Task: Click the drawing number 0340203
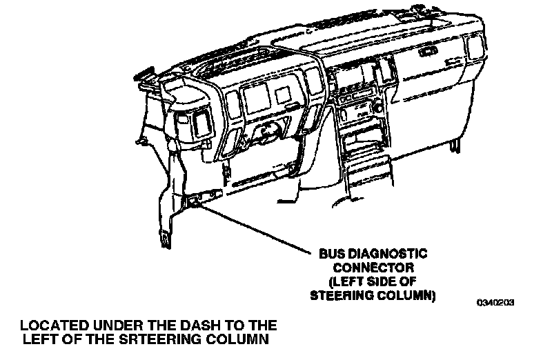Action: pyautogui.click(x=497, y=302)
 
